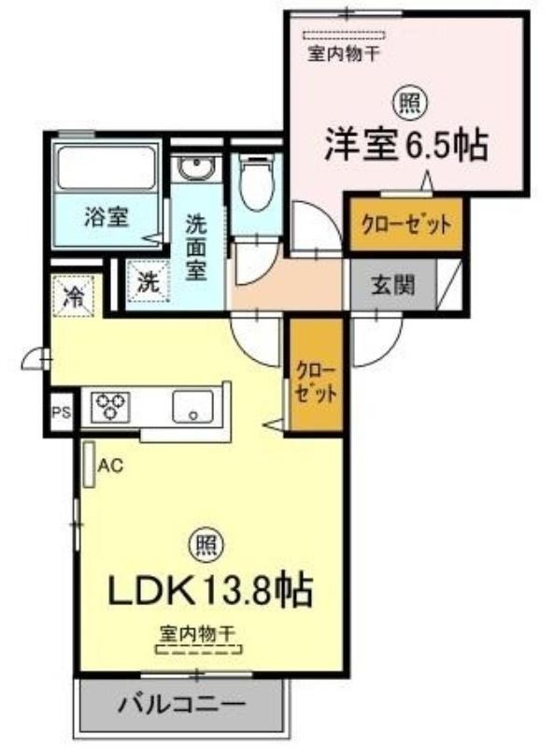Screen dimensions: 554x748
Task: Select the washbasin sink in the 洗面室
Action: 196,168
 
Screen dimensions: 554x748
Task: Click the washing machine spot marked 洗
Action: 149,283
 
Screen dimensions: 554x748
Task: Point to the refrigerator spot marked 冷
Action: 73,295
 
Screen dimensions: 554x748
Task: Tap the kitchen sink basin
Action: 192,406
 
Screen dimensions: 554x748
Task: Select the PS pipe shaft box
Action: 62,412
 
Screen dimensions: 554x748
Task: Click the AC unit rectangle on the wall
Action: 89,465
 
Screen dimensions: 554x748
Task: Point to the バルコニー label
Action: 181,705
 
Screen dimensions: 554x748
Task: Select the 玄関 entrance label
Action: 393,285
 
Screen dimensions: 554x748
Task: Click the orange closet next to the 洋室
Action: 406,223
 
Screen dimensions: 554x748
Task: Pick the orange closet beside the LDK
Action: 316,375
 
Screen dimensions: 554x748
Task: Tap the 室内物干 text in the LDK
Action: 198,634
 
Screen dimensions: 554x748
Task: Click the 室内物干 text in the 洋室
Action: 343,53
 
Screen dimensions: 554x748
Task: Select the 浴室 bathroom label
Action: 107,218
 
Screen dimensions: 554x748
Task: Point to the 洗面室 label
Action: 196,248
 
